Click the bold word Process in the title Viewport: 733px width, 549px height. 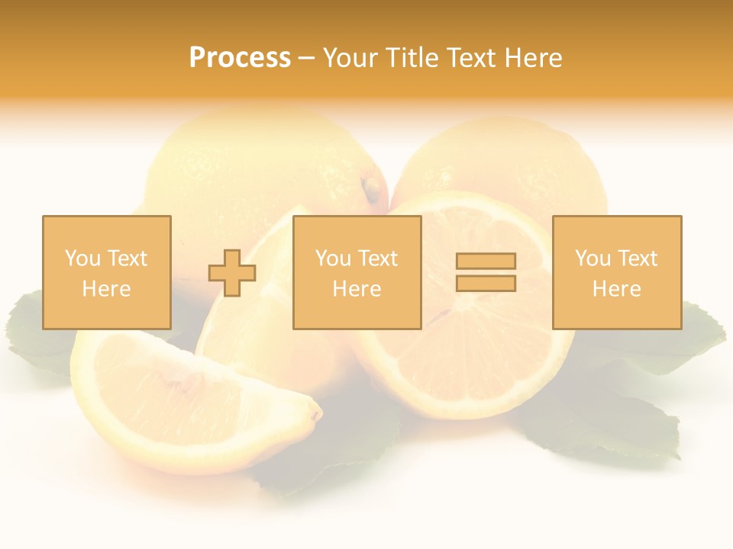coord(240,58)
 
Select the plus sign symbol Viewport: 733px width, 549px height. coord(232,273)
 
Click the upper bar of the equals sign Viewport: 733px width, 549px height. coord(486,261)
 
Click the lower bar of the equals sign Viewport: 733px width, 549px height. coord(486,284)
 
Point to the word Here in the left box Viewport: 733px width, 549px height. coord(106,289)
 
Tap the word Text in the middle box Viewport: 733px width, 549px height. coord(378,258)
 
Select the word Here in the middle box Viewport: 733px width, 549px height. coord(357,289)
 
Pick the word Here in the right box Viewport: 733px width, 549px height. coord(616,289)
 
